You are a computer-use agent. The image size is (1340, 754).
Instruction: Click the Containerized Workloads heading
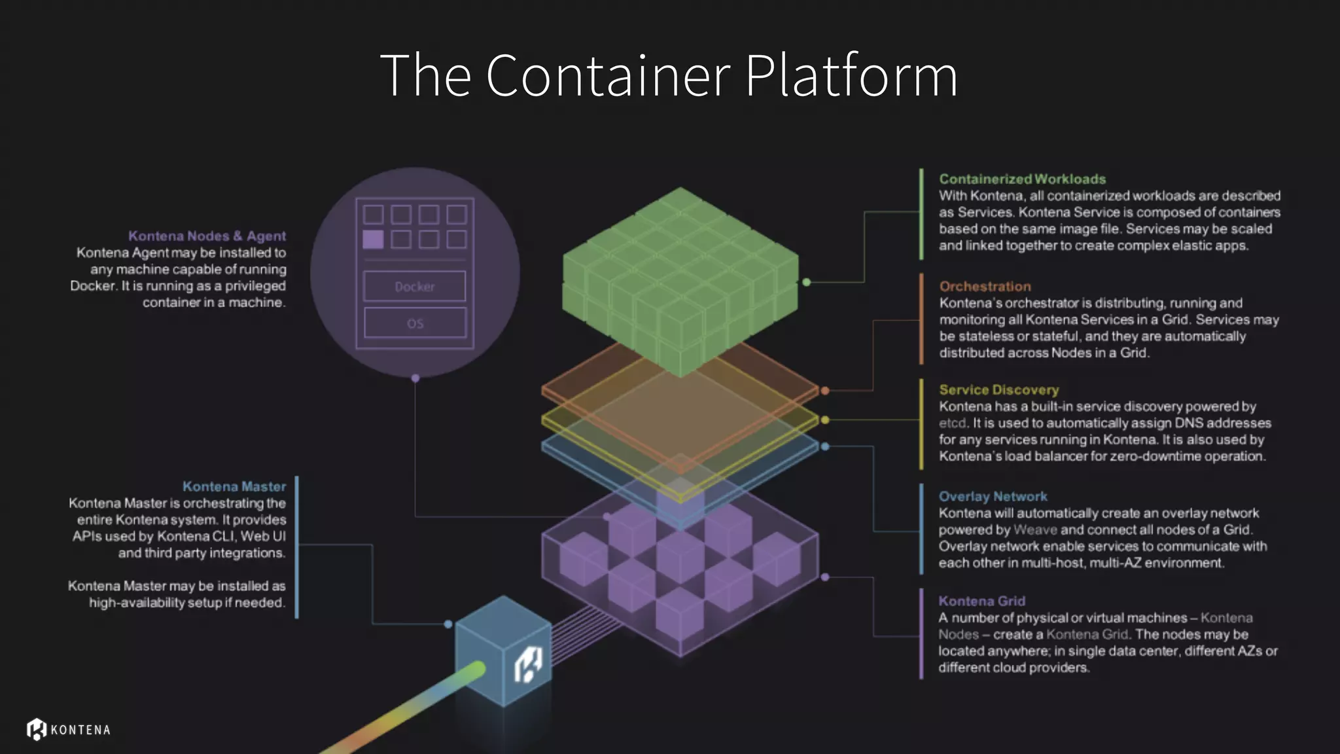[x=1022, y=179]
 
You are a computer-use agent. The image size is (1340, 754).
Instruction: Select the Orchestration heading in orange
[x=985, y=287]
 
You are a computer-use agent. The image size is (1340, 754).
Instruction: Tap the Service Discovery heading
[x=998, y=390]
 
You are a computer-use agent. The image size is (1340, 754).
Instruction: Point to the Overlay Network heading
[x=993, y=497]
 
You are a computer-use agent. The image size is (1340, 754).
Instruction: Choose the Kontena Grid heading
[x=981, y=601]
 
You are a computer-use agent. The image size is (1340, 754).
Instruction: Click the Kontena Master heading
[x=234, y=487]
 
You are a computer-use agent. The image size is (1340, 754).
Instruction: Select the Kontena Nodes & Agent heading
[x=207, y=236]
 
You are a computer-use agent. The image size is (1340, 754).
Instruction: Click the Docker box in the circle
[x=415, y=287]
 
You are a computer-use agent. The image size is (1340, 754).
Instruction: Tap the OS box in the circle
[x=415, y=323]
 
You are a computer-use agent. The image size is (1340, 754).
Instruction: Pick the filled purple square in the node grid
[x=373, y=240]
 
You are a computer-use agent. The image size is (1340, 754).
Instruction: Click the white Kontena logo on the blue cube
[x=528, y=665]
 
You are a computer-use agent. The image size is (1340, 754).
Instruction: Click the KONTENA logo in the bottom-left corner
[x=69, y=729]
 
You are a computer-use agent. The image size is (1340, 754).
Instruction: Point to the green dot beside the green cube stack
[x=807, y=282]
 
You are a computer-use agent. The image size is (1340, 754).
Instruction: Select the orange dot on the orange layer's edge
[x=825, y=391]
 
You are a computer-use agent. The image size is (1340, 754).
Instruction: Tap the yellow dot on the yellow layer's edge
[x=825, y=420]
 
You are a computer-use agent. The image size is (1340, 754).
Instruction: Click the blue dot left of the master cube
[x=448, y=624]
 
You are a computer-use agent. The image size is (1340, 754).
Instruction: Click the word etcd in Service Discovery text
[x=952, y=423]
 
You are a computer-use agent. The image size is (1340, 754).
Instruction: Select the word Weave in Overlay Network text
[x=1035, y=530]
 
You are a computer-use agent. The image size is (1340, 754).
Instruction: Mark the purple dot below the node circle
[x=415, y=378]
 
